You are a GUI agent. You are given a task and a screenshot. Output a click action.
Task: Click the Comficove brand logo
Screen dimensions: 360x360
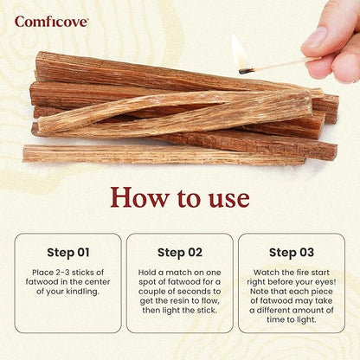(x=51, y=21)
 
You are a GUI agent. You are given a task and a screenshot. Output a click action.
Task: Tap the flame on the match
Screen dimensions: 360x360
(x=237, y=52)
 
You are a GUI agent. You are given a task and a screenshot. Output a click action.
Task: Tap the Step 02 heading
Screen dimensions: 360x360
(x=180, y=253)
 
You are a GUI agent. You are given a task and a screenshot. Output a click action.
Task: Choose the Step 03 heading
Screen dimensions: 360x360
(x=292, y=253)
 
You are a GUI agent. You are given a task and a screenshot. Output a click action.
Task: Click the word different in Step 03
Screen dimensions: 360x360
(x=279, y=308)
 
